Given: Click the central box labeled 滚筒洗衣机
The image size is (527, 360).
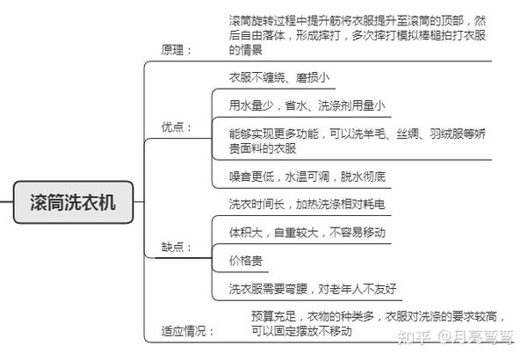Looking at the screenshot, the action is [x=73, y=202].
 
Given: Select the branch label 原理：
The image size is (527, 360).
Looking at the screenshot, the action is [x=177, y=50].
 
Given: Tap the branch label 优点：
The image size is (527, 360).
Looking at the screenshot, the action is [x=177, y=127].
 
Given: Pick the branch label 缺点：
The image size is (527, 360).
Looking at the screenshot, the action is [x=177, y=247].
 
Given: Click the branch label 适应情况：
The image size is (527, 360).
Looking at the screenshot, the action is [x=188, y=331].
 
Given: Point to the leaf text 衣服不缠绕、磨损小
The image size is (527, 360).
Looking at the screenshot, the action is [x=279, y=77].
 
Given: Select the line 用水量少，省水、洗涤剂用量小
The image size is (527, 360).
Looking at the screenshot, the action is [x=307, y=105].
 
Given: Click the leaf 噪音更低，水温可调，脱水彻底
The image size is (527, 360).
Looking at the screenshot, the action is [x=307, y=176].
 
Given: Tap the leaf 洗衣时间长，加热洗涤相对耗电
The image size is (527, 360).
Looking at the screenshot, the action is [x=307, y=204].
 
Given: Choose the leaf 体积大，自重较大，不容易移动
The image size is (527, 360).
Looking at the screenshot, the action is [x=307, y=233].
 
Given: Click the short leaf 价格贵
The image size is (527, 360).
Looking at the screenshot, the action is [x=246, y=261].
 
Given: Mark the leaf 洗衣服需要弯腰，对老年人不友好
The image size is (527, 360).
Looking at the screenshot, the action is [x=313, y=289].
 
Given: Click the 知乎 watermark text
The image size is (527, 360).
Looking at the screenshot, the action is [x=414, y=336].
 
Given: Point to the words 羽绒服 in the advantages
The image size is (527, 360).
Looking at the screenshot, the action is [x=446, y=133].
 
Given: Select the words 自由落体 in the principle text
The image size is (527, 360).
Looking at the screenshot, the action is [x=263, y=35].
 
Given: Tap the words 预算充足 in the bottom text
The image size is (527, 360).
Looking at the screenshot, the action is [x=273, y=316].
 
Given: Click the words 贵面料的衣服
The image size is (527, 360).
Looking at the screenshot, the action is [x=263, y=148].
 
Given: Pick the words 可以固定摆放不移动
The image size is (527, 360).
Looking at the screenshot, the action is [x=301, y=331].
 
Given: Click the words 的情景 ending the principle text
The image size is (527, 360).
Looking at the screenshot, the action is [x=246, y=50].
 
